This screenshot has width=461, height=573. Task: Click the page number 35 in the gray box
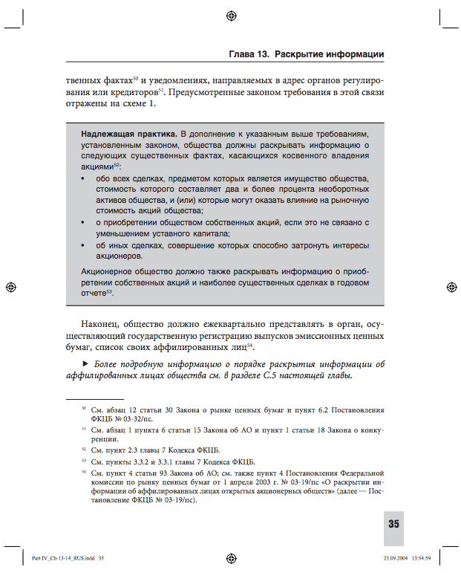[393, 524]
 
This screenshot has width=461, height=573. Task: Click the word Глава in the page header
[241, 55]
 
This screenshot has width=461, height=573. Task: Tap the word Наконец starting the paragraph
[102, 324]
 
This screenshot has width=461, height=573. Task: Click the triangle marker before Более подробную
[85, 363]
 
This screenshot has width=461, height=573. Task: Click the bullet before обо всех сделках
[82, 180]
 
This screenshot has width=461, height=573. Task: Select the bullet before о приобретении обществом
[82, 222]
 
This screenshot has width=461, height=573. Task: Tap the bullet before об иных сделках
[82, 245]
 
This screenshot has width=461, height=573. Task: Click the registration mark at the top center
[230, 15]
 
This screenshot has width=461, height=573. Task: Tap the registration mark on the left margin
[10, 286]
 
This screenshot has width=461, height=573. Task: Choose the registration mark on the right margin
[451, 286]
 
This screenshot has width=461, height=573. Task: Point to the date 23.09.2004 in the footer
[396, 557]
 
